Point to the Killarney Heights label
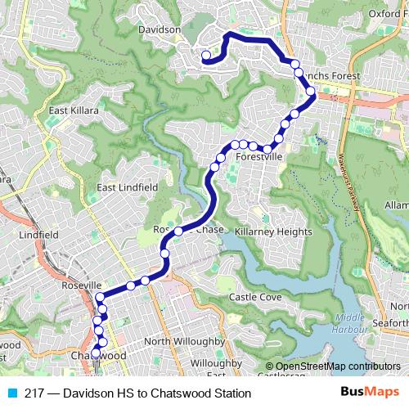click(274, 232)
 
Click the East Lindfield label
click(128, 187)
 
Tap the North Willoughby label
click(184, 341)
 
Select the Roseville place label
click(80, 285)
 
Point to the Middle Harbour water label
click(351, 323)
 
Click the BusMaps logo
click(370, 393)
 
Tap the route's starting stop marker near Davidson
click(206, 56)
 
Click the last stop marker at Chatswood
click(96, 353)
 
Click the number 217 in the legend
click(34, 393)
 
